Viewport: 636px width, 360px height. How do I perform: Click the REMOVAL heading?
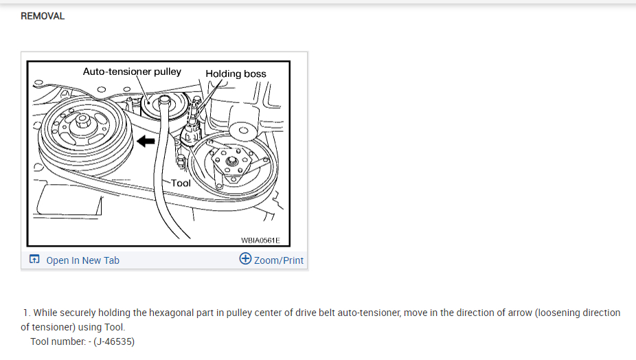point(43,16)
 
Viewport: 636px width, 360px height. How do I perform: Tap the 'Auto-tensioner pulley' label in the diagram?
point(132,71)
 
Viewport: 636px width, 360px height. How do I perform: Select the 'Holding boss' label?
point(236,74)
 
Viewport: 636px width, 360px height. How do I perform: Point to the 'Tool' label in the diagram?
point(181,183)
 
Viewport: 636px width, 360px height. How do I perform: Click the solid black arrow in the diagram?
point(145,142)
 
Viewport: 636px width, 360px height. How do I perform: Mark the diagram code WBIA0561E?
point(260,240)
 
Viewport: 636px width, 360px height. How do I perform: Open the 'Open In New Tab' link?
point(82,260)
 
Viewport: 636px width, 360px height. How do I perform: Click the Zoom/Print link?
point(278,260)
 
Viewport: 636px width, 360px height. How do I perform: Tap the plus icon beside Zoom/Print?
point(245,259)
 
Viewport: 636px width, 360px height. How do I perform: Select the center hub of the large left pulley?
point(82,126)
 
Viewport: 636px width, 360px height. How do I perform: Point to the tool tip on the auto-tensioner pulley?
point(163,102)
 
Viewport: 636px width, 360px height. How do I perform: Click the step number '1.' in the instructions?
point(27,313)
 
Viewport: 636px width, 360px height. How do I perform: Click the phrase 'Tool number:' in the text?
point(58,341)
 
